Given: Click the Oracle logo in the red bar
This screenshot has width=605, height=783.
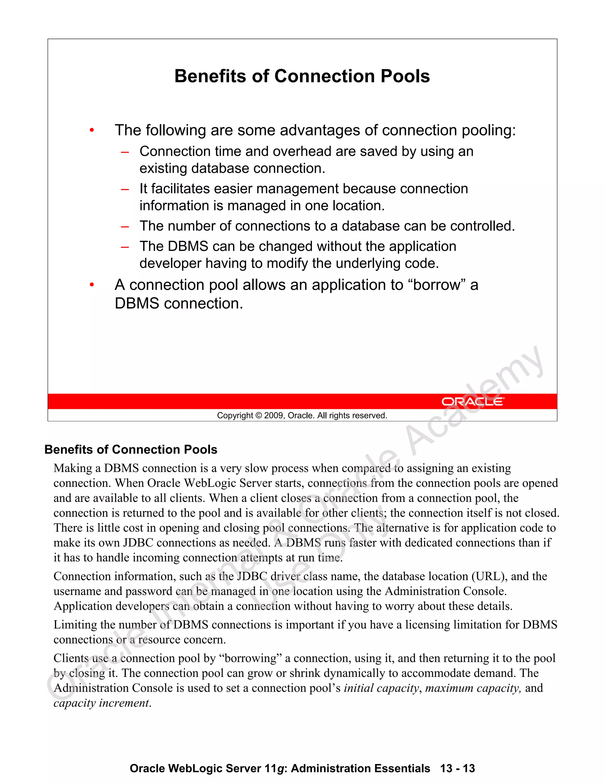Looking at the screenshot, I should coord(472,402).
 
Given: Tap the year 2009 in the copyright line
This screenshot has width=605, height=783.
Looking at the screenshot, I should coord(274,415).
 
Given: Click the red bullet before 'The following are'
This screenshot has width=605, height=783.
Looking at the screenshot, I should coord(92,131).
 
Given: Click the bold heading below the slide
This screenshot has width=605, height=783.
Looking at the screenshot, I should coord(131,450).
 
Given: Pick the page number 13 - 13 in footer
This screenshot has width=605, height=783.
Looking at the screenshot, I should coord(457,768).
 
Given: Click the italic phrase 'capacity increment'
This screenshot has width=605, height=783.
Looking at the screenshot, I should coord(101,703).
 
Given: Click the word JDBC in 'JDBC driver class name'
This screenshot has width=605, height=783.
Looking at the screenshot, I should coord(252,576).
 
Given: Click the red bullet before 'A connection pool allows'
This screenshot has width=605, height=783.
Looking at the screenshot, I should coord(92,285).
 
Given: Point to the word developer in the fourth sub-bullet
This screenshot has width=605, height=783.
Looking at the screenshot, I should coord(170,264).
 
